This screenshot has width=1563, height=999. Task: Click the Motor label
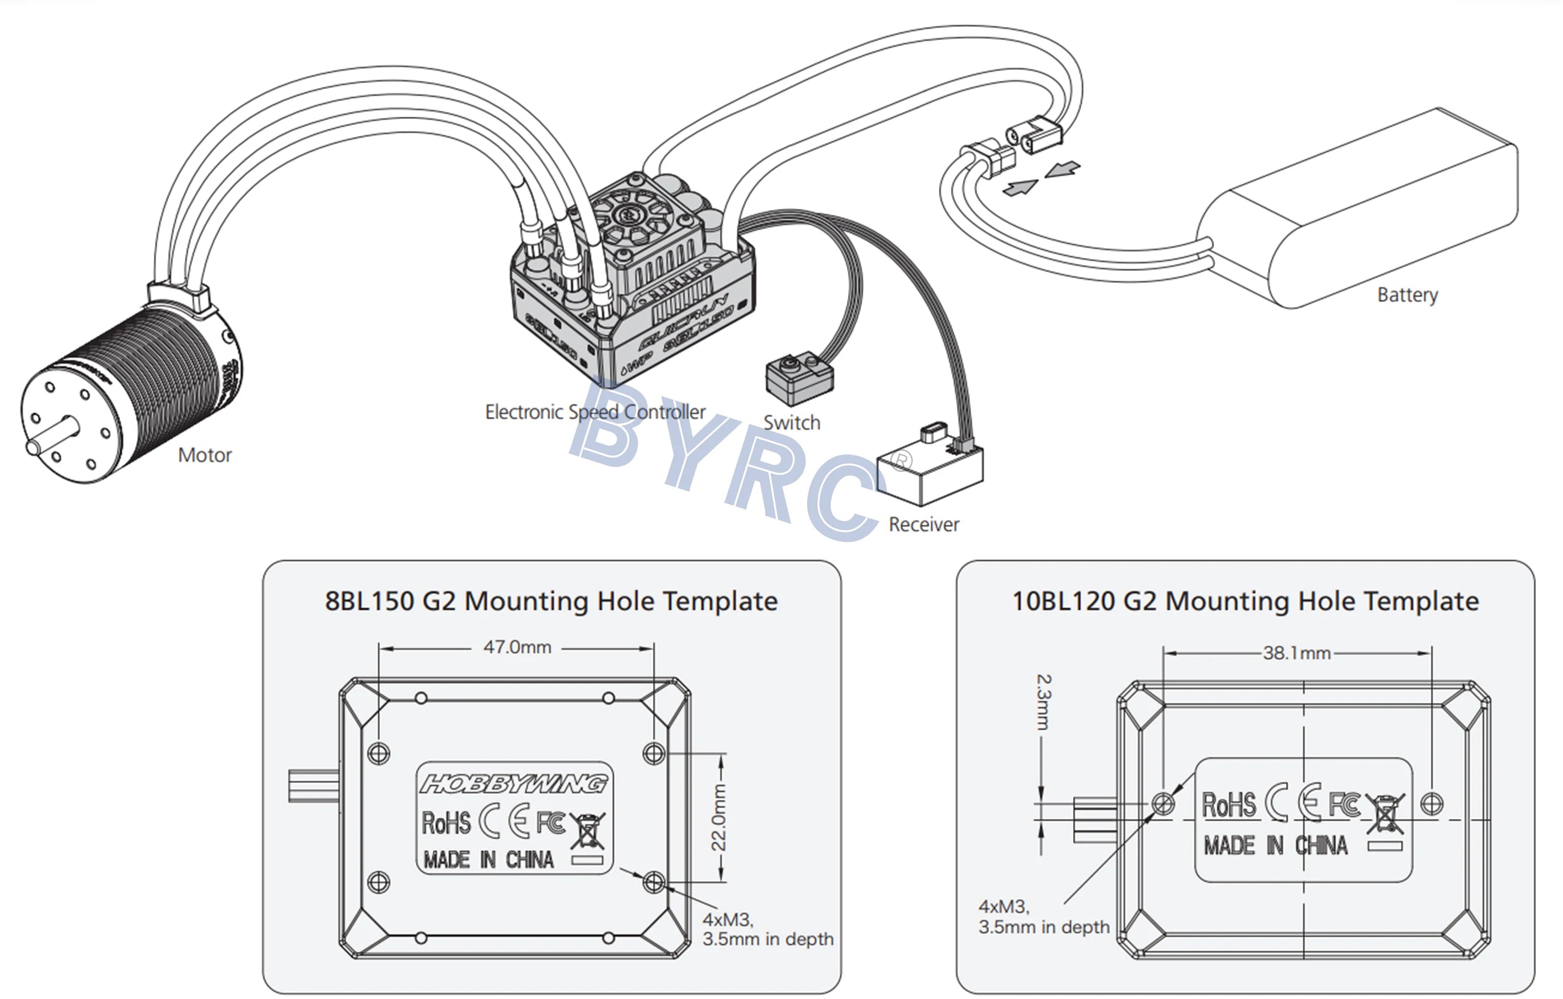click(205, 455)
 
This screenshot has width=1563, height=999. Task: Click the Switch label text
click(791, 422)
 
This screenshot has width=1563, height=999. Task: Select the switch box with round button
click(799, 378)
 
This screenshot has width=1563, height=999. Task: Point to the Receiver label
click(923, 524)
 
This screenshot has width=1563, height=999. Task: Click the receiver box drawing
click(929, 471)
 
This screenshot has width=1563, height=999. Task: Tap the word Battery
click(1407, 295)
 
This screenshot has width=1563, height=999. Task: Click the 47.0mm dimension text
click(517, 647)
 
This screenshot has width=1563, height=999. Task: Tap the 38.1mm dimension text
click(1296, 653)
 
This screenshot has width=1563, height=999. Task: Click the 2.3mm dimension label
click(1043, 702)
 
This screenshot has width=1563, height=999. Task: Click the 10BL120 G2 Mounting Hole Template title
click(1245, 601)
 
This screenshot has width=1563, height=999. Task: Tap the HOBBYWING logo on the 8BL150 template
click(513, 784)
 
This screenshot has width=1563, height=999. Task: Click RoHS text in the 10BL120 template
click(1229, 805)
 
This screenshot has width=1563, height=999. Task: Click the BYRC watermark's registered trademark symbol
click(901, 461)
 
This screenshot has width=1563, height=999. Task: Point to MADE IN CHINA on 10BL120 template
click(1275, 845)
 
